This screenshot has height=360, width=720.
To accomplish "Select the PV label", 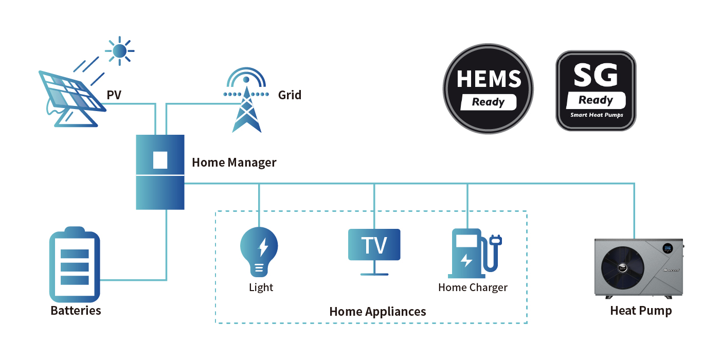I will [114, 95].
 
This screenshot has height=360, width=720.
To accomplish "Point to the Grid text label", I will [290, 95].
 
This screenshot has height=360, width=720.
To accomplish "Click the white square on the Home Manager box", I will [160, 160].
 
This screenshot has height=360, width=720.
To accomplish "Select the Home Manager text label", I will [234, 163].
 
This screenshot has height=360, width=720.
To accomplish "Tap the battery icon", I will [75, 266].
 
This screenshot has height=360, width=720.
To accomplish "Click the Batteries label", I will [76, 311].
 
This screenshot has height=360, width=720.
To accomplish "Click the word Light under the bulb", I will [261, 287].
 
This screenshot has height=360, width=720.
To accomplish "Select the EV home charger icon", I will [473, 254].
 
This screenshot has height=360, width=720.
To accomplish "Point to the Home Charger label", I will [473, 287].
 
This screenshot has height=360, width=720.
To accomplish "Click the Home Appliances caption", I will [377, 312].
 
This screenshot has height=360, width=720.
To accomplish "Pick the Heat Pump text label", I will [641, 311].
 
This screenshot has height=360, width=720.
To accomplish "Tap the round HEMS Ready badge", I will [488, 89].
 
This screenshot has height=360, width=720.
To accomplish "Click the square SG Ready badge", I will [596, 91].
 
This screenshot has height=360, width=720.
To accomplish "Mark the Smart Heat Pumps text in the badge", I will [597, 115].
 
